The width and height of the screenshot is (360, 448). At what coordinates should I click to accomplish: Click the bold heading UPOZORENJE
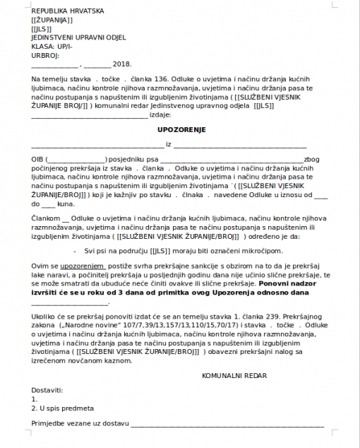[x=181, y=130]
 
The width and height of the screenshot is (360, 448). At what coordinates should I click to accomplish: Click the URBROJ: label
[x=45, y=54]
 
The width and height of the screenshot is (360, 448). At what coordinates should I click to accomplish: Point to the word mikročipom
[x=260, y=251]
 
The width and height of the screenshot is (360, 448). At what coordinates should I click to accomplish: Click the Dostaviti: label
[x=47, y=389]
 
